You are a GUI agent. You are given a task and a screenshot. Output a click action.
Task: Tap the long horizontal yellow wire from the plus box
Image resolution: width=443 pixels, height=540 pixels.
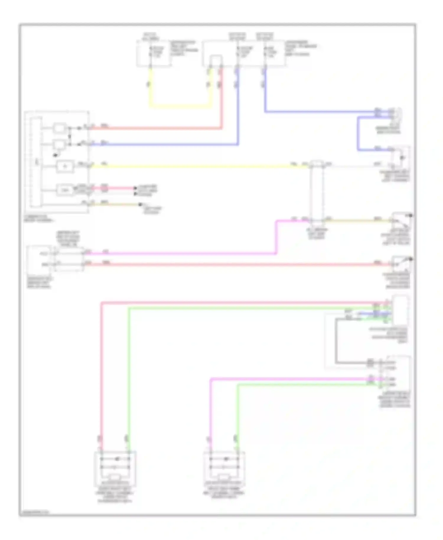click(x=192, y=167)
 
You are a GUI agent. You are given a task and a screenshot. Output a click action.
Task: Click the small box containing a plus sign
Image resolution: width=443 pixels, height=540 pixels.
click(x=65, y=166)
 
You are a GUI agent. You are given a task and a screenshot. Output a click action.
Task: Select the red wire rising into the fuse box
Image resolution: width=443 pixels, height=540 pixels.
click(x=221, y=97)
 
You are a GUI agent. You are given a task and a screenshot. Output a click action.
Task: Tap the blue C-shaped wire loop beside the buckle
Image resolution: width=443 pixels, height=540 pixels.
click(x=358, y=133)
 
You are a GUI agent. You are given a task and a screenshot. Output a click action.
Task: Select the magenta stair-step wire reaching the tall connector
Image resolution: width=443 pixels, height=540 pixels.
click(x=276, y=236)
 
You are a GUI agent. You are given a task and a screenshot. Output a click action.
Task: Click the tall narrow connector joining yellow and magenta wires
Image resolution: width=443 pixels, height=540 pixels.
click(x=317, y=192)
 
